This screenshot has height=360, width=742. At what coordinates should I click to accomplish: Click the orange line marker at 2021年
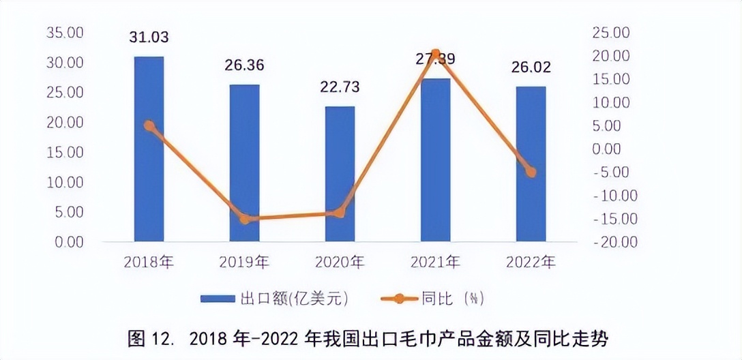pyautogui.click(x=436, y=54)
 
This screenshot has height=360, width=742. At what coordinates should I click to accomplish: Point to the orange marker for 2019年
pyautogui.click(x=245, y=219)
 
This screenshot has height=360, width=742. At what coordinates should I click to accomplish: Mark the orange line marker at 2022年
pyautogui.click(x=531, y=172)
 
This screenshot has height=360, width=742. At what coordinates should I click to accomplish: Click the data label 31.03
pyautogui.click(x=149, y=37)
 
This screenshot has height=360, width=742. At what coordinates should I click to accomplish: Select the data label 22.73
pyautogui.click(x=340, y=87)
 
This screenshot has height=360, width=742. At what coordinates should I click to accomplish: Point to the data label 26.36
pyautogui.click(x=244, y=66)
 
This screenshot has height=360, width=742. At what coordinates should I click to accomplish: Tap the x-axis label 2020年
pyautogui.click(x=340, y=262)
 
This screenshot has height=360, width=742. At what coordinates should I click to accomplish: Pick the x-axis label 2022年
pyautogui.click(x=531, y=262)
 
